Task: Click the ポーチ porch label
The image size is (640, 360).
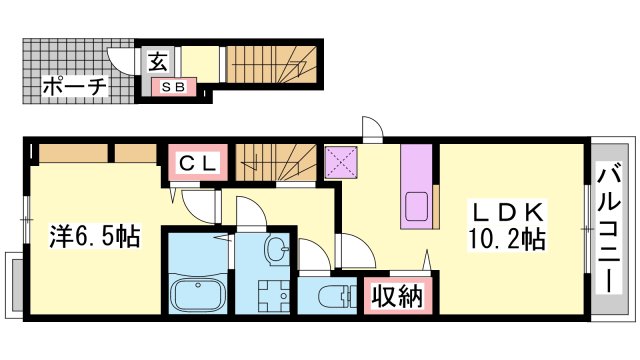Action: click(75, 87)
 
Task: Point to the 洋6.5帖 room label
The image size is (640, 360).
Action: click(95, 237)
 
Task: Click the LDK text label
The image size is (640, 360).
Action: click(507, 213)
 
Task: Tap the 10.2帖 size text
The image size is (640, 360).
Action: click(508, 240)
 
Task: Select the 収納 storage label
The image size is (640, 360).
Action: click(397, 296)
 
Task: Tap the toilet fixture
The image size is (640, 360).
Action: click(333, 296)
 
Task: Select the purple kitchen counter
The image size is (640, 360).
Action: click(416, 185)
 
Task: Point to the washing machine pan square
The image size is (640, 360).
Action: click(271, 297)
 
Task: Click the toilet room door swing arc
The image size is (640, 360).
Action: click(311, 255)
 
